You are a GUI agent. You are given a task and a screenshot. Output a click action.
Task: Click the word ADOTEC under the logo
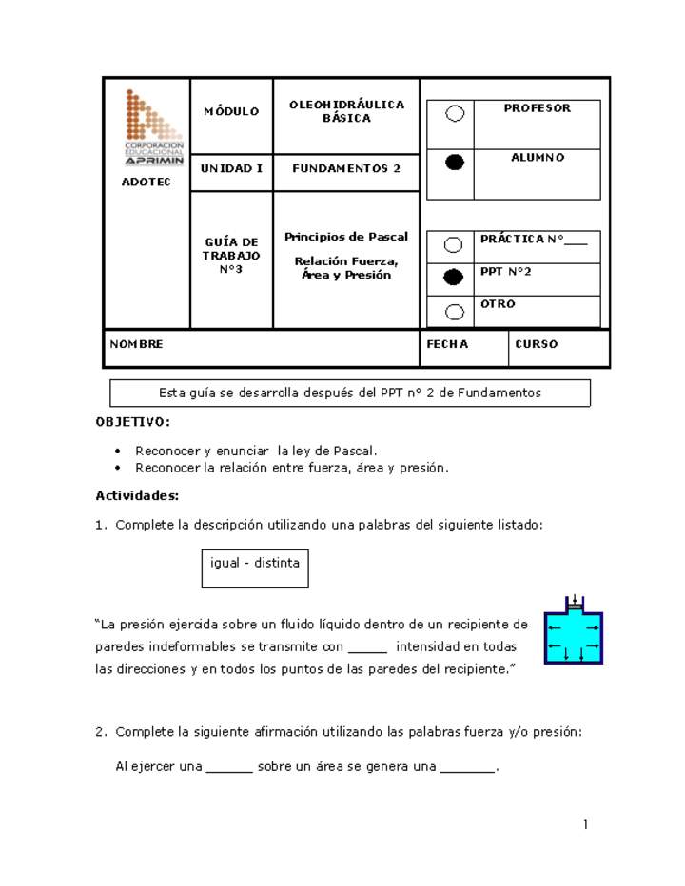147,183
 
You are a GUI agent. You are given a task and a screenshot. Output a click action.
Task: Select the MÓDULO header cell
231,112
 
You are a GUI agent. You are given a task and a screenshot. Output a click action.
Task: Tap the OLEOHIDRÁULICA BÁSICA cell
346,112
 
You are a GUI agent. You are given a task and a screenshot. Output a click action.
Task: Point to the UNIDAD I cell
231,168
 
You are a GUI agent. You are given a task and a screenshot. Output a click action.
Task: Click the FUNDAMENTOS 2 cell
346,168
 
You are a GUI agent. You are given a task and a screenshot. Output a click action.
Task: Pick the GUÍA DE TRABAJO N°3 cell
230,256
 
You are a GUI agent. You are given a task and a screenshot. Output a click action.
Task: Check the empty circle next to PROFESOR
455,114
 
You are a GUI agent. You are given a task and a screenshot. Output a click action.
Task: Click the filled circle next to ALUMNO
455,163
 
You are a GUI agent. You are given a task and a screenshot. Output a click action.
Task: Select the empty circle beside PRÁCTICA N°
454,245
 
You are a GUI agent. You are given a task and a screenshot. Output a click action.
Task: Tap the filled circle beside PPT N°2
454,278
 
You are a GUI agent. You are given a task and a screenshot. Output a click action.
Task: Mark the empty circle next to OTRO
454,312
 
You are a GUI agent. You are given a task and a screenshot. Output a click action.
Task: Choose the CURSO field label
537,345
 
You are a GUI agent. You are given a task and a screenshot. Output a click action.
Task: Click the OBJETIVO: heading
133,421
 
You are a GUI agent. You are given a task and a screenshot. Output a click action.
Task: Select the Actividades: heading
137,495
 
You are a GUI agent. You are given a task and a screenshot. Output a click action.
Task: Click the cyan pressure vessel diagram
573,632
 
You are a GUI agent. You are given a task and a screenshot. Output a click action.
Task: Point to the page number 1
587,824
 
